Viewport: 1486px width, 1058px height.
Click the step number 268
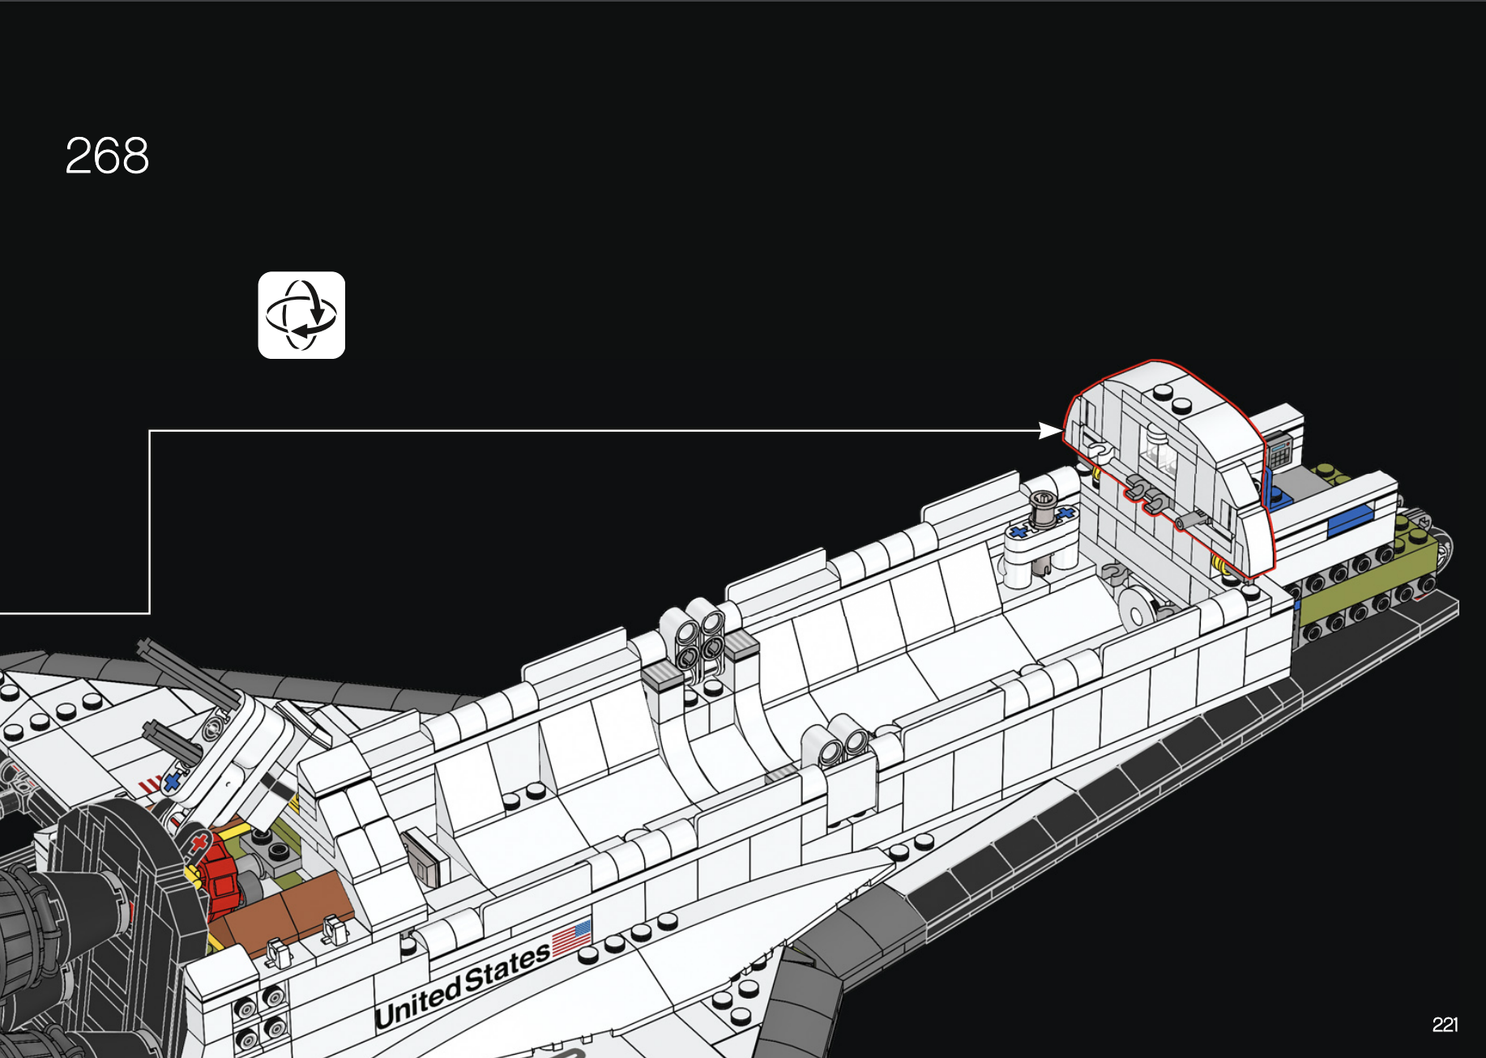tap(107, 155)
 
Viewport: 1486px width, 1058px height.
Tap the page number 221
tap(1445, 1025)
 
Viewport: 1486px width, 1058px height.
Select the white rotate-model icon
tap(301, 315)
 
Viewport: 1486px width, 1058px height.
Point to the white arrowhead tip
tap(1061, 431)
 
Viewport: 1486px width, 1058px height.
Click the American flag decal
tap(572, 938)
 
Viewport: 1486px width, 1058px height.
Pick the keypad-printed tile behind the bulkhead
tap(1279, 450)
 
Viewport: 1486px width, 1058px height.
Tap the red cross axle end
tap(198, 845)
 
